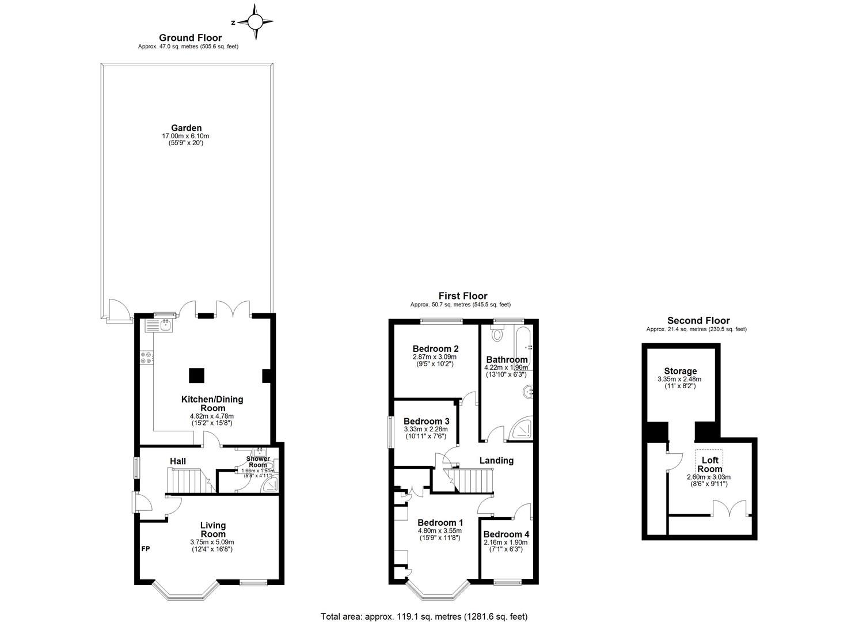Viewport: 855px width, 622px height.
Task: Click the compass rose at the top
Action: click(x=254, y=23)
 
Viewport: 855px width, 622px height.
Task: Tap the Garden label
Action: click(x=186, y=128)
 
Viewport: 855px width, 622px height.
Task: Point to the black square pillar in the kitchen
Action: click(x=196, y=375)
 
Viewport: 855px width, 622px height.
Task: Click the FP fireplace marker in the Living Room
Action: click(x=146, y=549)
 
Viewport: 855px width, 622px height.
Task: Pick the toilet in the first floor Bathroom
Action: click(x=496, y=333)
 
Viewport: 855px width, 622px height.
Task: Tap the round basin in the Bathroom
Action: click(x=528, y=392)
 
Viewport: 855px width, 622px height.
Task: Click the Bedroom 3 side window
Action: click(x=390, y=431)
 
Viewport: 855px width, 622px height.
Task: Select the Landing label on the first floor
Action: click(x=496, y=460)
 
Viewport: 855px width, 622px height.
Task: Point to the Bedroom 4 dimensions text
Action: click(x=505, y=545)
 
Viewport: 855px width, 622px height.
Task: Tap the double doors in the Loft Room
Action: click(x=729, y=509)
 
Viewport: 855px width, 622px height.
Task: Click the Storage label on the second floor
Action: click(x=680, y=371)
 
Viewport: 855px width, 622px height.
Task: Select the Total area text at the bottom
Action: click(x=424, y=616)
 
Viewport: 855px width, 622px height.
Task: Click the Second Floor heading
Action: click(x=698, y=321)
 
